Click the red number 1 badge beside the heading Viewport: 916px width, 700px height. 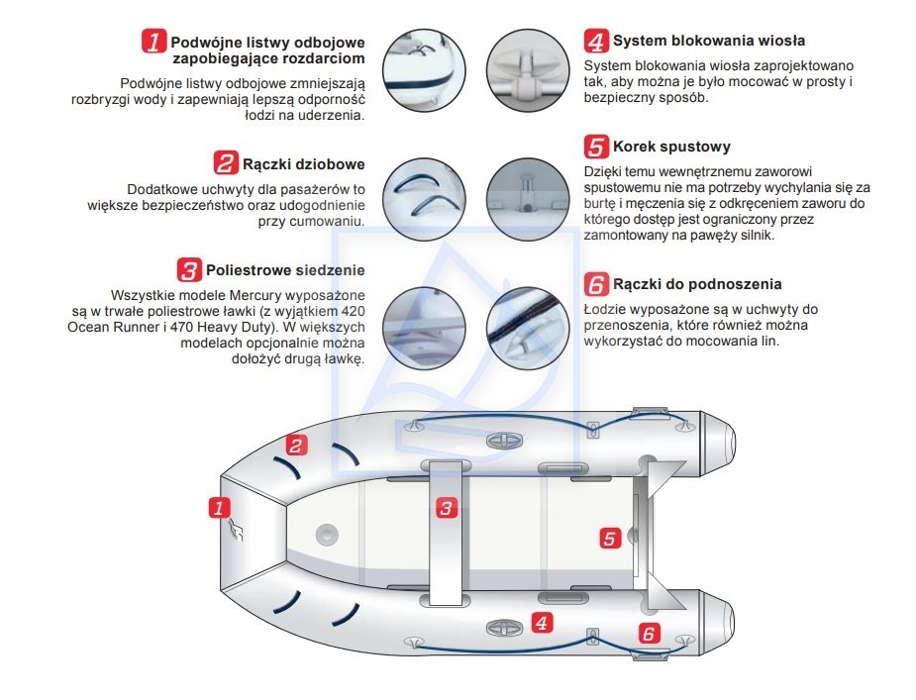coord(154,42)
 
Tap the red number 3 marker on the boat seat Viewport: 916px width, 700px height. coord(447,509)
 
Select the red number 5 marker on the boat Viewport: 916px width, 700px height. coord(610,538)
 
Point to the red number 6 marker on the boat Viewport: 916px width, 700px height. coord(649,634)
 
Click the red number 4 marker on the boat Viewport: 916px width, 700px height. coord(541,622)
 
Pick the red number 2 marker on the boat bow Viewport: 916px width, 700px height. coord(296,445)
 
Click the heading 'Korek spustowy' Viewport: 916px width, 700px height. coord(670,147)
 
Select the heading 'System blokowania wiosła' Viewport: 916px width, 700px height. coord(708,42)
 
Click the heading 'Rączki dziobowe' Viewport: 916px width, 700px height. coord(303,163)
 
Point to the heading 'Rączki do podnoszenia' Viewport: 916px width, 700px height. coord(697,284)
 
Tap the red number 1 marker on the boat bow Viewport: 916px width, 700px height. coord(219,508)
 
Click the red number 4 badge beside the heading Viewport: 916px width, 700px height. coord(596,42)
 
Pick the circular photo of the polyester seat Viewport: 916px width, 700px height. coord(423,327)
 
